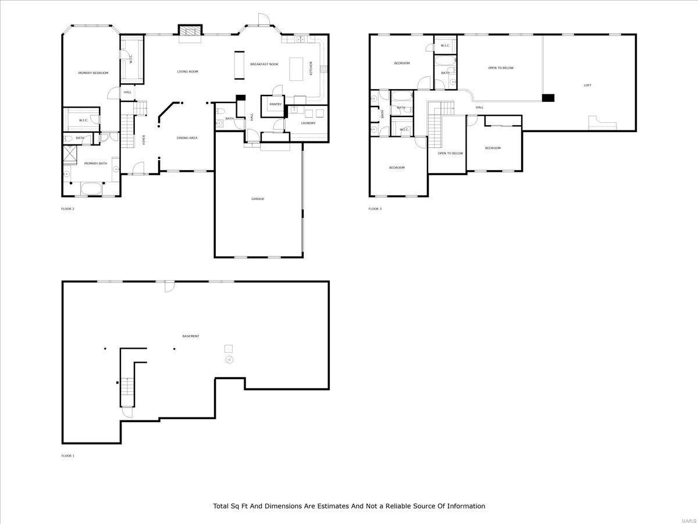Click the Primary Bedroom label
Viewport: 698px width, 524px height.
(93, 73)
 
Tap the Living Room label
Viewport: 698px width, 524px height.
(187, 72)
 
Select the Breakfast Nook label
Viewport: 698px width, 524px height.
(264, 63)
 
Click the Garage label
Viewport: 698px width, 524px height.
(258, 199)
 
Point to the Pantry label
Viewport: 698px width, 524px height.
(275, 104)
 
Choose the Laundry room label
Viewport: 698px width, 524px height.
(308, 123)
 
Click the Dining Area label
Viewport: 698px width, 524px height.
(187, 138)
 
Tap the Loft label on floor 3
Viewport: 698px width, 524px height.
(587, 86)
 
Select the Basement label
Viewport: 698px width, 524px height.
(191, 336)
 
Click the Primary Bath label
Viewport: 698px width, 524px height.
(95, 164)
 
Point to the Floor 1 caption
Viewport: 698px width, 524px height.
(68, 456)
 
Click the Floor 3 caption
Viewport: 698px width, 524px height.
(375, 208)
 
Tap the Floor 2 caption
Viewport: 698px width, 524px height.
(68, 208)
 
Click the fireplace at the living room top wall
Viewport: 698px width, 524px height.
(190, 31)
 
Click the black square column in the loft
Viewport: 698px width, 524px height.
(548, 98)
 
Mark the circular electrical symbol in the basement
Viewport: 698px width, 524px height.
(229, 360)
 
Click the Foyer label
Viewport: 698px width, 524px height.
(144, 140)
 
